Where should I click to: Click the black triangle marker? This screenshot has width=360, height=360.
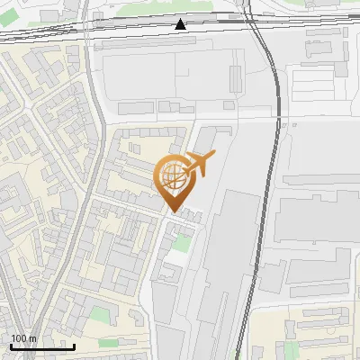click(181, 24)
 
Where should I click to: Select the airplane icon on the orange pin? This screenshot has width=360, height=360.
click(197, 164)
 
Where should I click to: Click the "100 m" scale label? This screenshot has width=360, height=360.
click(23, 338)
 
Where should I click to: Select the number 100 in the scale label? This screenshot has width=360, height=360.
click(19, 338)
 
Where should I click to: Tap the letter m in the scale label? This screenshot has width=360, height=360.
click(33, 338)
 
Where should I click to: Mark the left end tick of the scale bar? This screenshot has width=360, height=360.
click(11, 346)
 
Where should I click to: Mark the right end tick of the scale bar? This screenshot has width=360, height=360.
click(75, 346)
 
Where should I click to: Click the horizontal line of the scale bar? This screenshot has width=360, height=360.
click(42, 346)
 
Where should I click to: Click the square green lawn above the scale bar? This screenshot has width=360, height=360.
click(97, 316)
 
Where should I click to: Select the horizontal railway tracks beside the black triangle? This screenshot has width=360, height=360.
click(135, 26)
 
